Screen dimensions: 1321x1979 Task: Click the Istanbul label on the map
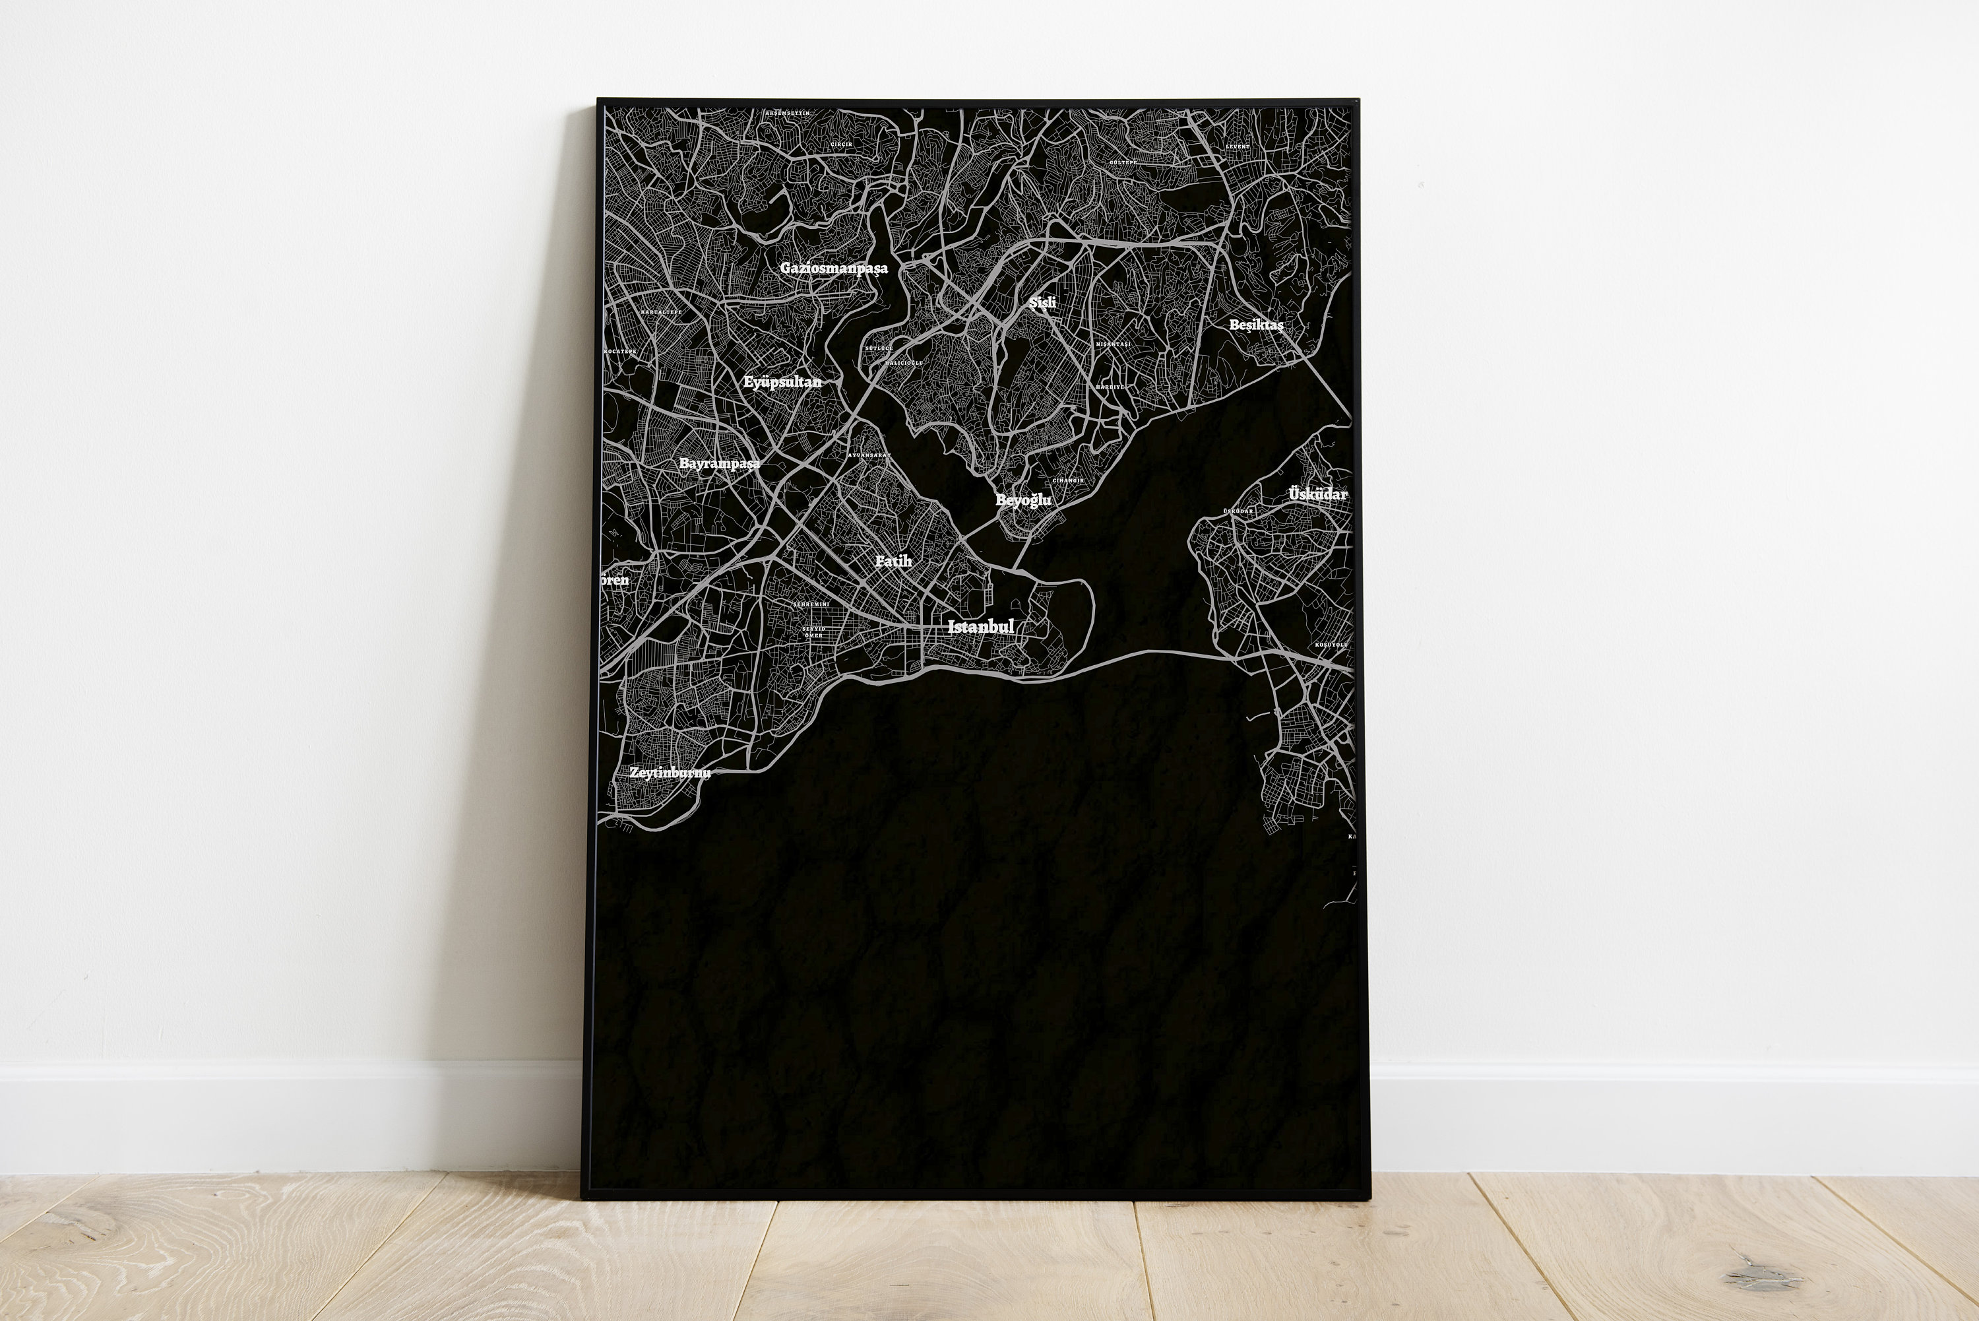point(981,626)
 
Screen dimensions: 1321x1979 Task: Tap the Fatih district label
point(893,561)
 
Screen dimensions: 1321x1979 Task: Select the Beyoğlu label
point(1023,499)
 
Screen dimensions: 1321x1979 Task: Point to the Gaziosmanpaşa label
point(834,268)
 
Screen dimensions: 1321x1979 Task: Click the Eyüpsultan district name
point(782,381)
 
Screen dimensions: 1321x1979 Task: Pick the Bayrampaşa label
point(719,463)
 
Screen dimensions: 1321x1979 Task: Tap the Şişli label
point(1042,302)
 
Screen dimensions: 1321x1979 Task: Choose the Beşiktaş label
point(1255,325)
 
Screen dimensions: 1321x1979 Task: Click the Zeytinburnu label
point(670,773)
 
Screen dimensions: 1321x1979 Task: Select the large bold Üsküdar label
point(1318,494)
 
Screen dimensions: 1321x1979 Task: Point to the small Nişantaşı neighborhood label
point(1114,344)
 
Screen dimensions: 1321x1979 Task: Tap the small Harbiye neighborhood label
point(1110,387)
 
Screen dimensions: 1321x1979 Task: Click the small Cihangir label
point(1068,480)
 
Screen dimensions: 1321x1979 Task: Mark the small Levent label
point(1237,146)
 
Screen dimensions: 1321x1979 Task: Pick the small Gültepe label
point(1123,162)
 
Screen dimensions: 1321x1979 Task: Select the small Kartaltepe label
point(661,311)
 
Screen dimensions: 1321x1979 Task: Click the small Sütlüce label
point(879,348)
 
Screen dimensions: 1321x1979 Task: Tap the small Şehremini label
point(811,604)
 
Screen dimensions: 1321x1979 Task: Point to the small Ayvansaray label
point(869,455)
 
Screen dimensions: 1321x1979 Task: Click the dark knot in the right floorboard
point(1762,1275)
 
